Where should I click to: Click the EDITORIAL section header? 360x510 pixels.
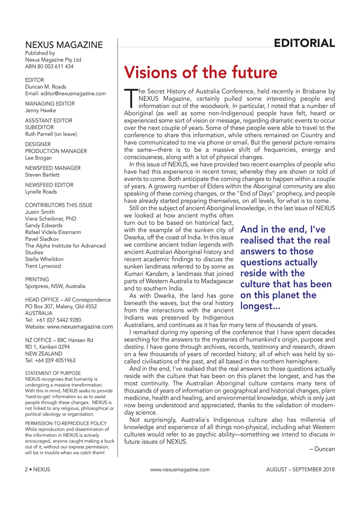point(304,43)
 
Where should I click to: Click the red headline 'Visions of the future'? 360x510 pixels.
point(201,73)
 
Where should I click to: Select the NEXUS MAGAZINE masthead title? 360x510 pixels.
point(64,45)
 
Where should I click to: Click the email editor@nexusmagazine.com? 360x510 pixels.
point(65,94)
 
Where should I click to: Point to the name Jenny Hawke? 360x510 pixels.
point(40,110)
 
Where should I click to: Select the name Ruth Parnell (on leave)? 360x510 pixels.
point(51,134)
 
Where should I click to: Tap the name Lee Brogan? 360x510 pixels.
point(38,158)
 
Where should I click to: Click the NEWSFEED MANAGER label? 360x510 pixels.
point(53,168)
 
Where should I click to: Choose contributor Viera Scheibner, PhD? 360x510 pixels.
point(51,219)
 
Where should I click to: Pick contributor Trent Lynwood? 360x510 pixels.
point(43,266)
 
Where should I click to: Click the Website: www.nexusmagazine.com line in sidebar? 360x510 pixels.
point(69,327)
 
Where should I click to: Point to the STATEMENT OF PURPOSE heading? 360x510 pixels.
point(53,373)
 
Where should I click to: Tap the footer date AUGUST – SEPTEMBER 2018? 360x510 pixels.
point(300,469)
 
